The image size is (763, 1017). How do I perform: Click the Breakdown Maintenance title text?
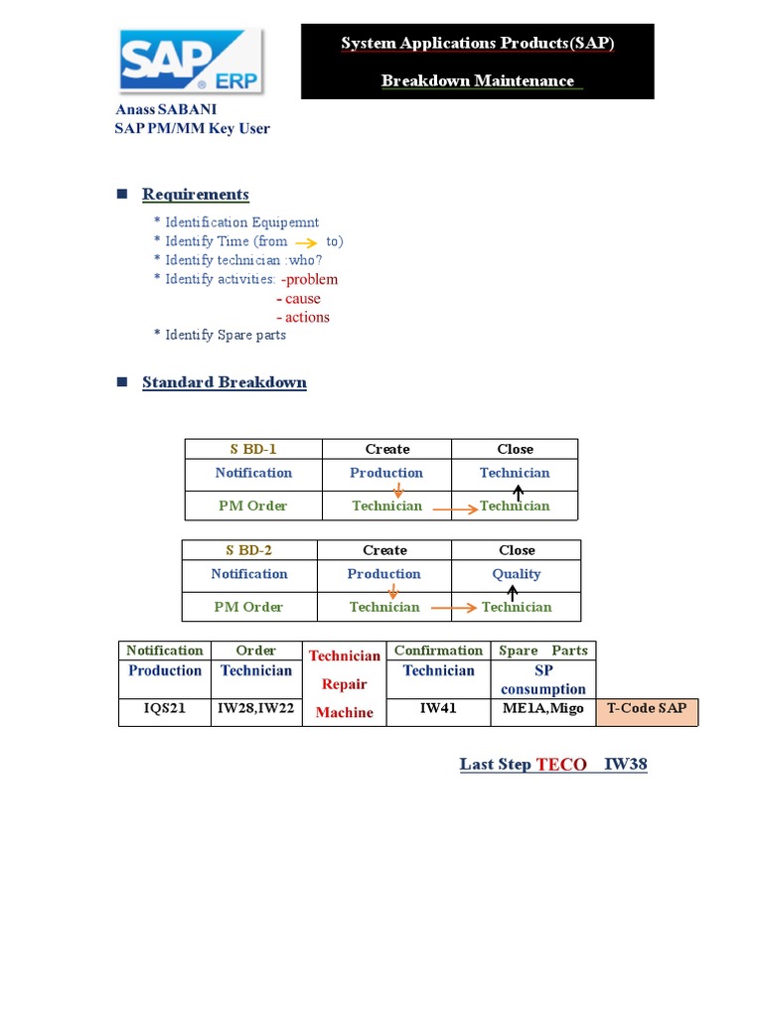coord(478,80)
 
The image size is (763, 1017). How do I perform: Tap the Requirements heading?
coord(195,194)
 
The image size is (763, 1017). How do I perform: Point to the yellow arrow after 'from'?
coord(306,242)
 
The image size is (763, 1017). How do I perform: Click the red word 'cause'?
coord(302,298)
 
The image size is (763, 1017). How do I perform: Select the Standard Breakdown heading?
coord(224,382)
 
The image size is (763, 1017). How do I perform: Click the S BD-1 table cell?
coord(253,449)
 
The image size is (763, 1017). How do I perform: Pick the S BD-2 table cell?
coord(249,550)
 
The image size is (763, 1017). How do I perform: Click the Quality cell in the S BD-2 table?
coord(517,574)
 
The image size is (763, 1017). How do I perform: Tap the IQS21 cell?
coord(165,709)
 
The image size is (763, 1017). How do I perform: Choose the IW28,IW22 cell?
coord(255,709)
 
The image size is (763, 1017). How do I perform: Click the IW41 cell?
coord(438,709)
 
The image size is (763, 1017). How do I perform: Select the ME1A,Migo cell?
coord(543,709)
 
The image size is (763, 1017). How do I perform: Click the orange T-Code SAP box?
coord(646,709)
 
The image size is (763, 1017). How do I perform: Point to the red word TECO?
coord(561,765)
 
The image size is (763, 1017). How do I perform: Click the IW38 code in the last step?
coord(626,765)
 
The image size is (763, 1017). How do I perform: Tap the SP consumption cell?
coord(543,679)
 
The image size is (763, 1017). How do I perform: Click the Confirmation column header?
coord(438,651)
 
